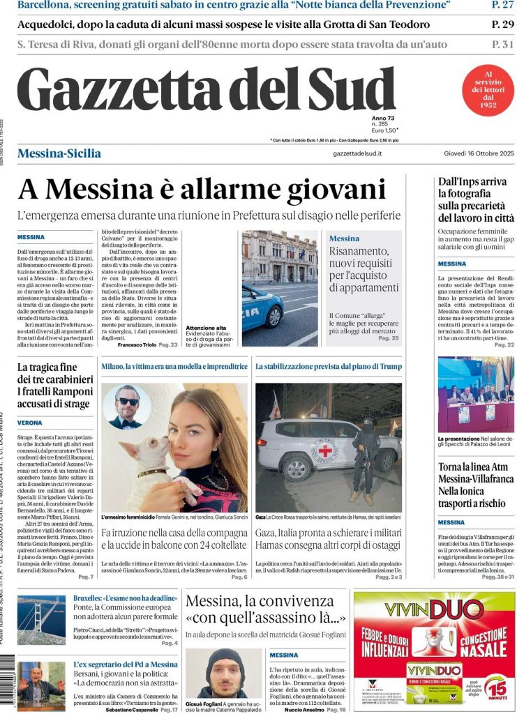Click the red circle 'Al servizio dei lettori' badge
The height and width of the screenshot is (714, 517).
point(488,91)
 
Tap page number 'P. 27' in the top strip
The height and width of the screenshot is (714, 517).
point(502,6)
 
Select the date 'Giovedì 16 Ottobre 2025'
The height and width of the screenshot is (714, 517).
point(478,153)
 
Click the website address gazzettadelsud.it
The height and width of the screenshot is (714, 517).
point(357,153)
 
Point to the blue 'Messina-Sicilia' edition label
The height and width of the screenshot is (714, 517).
point(59,153)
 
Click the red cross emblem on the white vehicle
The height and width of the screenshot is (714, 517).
point(325,450)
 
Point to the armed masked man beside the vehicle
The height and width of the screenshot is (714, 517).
point(364,457)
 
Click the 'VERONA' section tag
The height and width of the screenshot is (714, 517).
point(30,423)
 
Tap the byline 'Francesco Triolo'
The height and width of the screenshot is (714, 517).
point(137,345)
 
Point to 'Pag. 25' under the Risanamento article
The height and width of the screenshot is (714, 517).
point(388,338)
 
